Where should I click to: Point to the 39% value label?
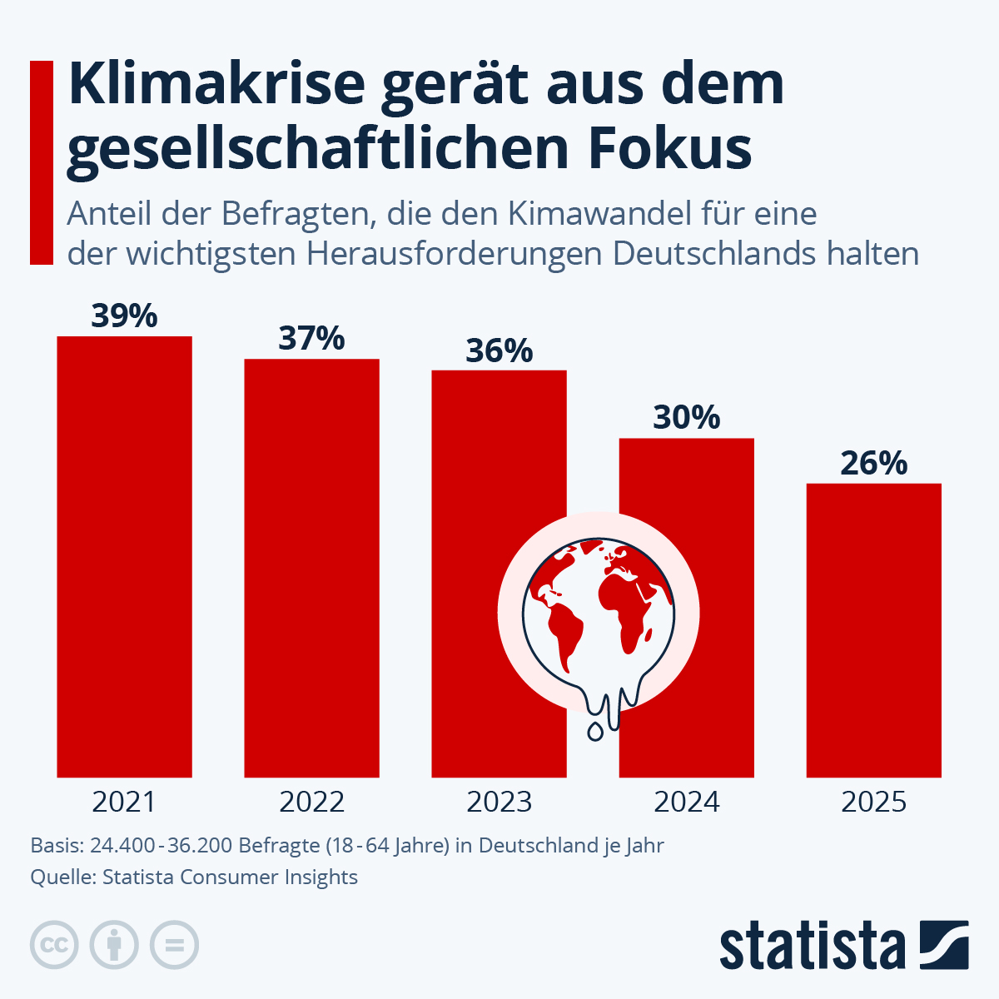click(124, 316)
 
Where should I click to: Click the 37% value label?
click(311, 339)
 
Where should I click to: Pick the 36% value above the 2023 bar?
click(499, 350)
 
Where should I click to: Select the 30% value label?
click(686, 417)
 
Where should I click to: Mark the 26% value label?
click(873, 463)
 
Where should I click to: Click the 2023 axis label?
click(499, 802)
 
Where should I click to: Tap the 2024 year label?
click(686, 802)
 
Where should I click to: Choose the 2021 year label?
click(124, 802)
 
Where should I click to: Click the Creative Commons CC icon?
click(54, 945)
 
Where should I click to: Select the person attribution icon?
click(114, 945)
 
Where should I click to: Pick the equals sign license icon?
click(174, 945)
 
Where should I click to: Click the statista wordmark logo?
click(812, 946)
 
